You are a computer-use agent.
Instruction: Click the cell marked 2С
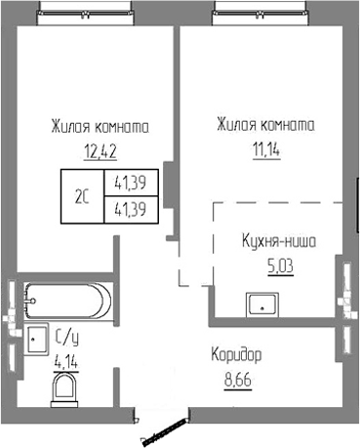click(83, 195)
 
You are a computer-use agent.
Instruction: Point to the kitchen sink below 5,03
click(261, 304)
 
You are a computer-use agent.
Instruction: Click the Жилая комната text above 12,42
click(100, 127)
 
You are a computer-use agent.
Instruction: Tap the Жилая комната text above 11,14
click(264, 126)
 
